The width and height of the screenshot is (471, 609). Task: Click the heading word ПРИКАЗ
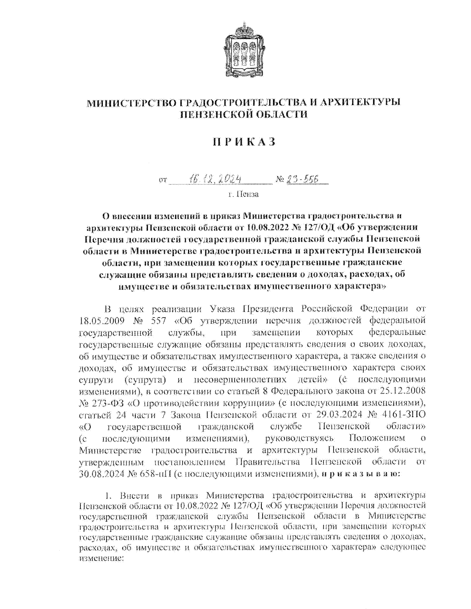coord(244,142)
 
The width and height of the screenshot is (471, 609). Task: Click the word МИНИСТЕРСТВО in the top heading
coord(131,103)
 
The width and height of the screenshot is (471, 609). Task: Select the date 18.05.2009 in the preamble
coord(102,321)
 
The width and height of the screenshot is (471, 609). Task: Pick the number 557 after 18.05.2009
coord(159,321)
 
